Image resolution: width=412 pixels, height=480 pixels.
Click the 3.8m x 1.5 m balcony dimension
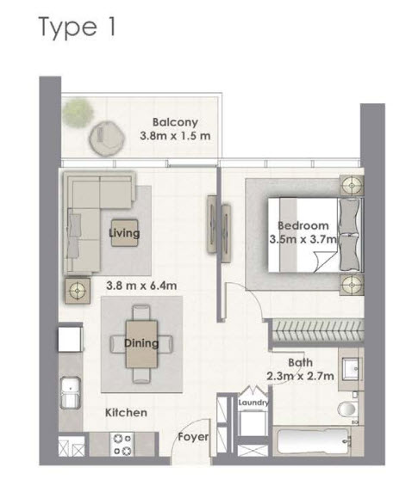176,136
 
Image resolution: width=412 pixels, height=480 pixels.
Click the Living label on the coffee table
125,232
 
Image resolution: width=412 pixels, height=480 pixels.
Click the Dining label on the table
141,343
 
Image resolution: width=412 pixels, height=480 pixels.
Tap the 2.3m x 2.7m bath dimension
298,376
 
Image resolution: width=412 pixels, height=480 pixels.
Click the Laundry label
255,403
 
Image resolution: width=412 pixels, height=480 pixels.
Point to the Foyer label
193,437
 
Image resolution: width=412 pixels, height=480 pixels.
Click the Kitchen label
126,413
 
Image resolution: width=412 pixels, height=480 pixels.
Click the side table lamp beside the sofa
78,291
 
